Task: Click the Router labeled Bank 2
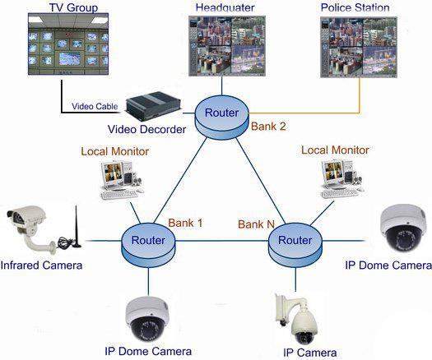(222, 117)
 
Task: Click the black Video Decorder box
(153, 106)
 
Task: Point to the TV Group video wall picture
(68, 44)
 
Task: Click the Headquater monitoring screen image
(227, 46)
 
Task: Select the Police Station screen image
(359, 47)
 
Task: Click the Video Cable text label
(95, 106)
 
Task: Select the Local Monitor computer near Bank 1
(121, 179)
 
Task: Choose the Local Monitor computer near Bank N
(341, 179)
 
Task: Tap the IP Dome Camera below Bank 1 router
(147, 318)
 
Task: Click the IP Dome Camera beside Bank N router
(402, 228)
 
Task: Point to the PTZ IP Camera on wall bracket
(296, 319)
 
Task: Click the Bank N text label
(256, 224)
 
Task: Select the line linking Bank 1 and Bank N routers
(221, 241)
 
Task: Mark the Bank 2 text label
(268, 127)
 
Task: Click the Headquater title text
(225, 7)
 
